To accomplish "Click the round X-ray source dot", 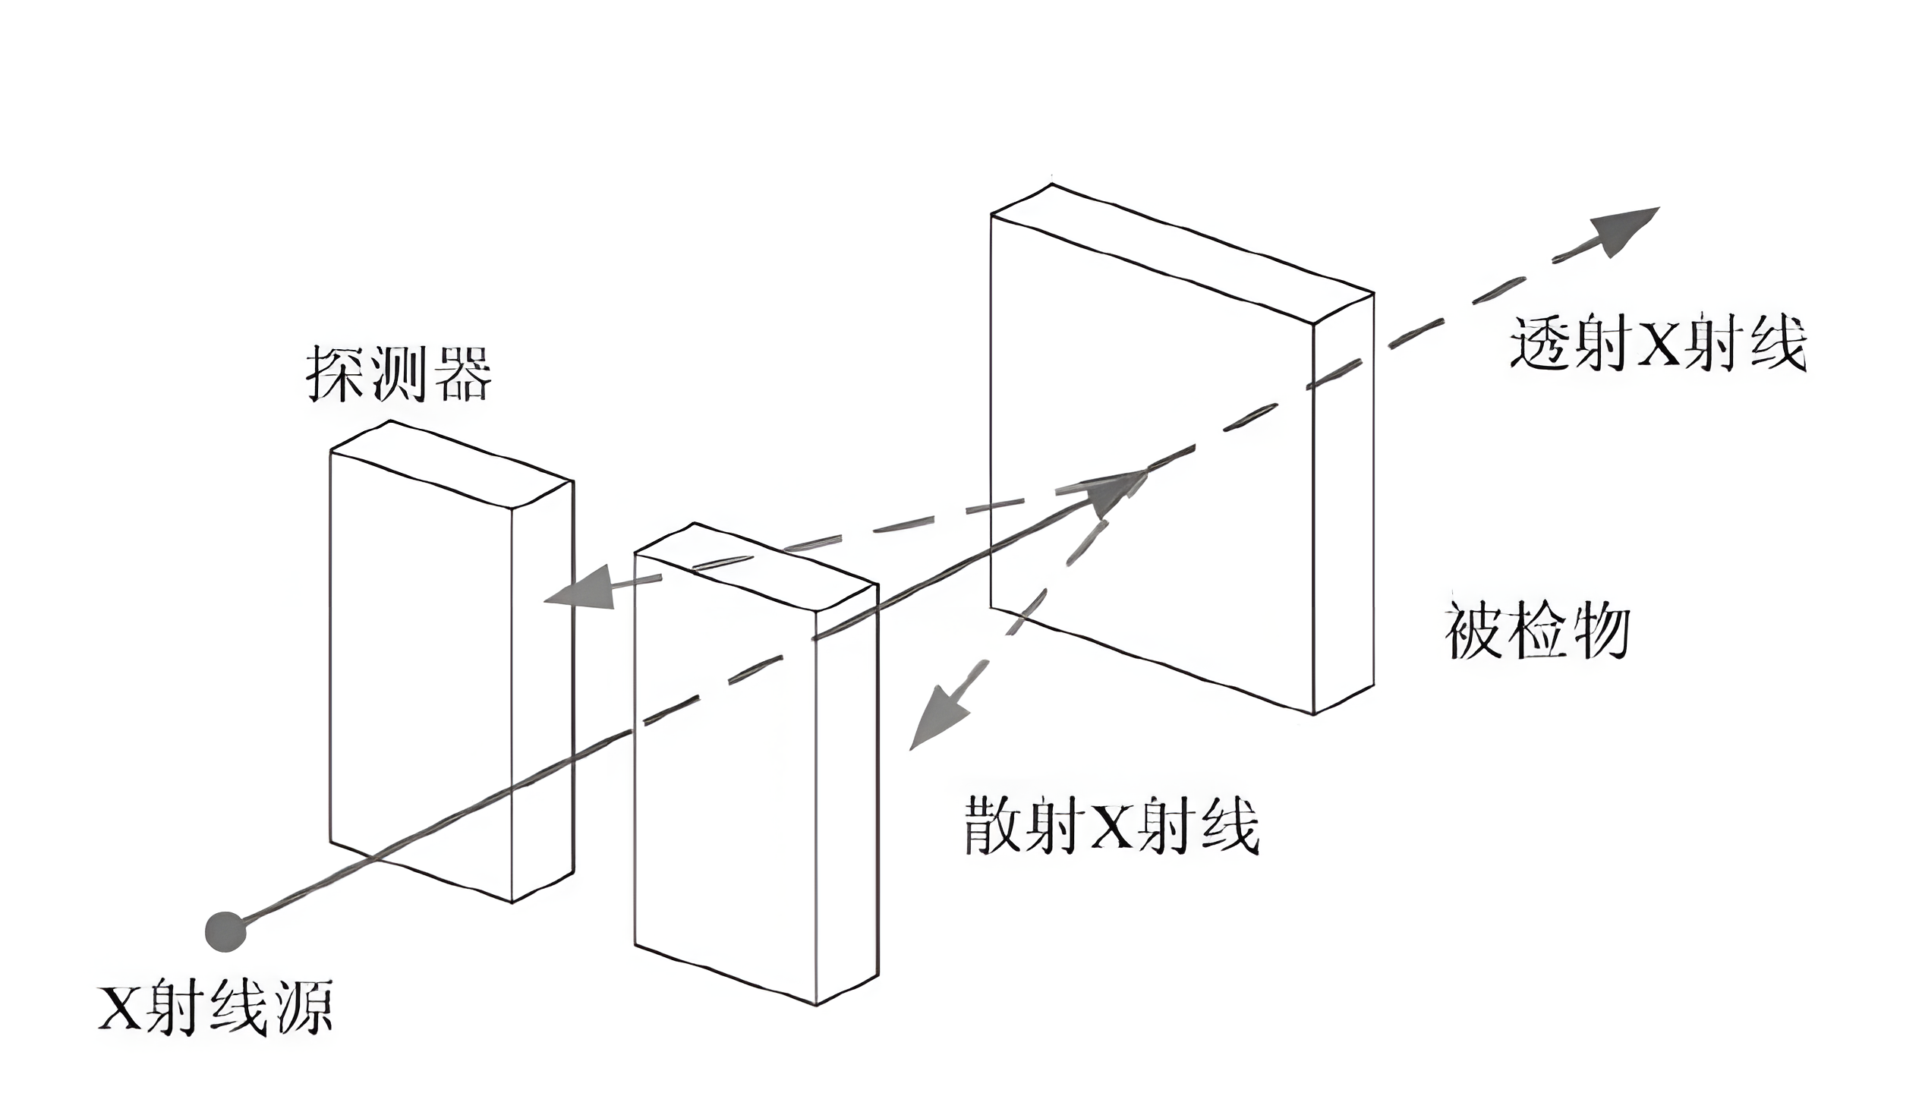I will click(226, 931).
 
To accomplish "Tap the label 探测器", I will click(399, 373).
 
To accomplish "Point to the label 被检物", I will click(1537, 632).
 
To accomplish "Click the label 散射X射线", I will click(1112, 826).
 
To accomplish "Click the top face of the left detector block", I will click(452, 464).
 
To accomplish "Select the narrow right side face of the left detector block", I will click(542, 691).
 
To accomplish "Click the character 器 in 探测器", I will click(462, 373).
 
